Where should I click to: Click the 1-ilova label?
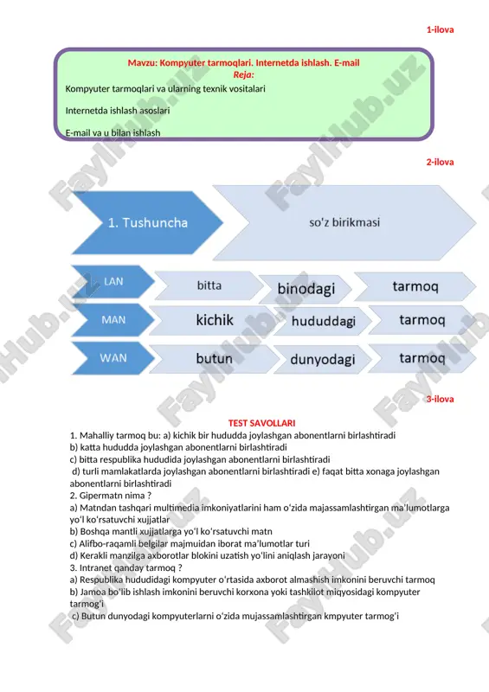[440, 30]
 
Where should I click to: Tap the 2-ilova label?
[440, 163]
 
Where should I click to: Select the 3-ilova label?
[440, 399]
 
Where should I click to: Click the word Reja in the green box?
[243, 74]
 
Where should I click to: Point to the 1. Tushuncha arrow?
[147, 222]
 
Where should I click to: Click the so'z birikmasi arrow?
[344, 222]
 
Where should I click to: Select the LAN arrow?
[113, 282]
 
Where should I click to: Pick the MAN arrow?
[113, 319]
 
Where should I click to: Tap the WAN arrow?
[113, 358]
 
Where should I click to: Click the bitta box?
[209, 285]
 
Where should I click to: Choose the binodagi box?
[306, 289]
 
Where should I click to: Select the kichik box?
[215, 320]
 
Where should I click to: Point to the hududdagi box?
[324, 321]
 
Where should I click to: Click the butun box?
[215, 358]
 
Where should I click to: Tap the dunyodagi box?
[323, 359]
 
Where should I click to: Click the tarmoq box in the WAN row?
[422, 358]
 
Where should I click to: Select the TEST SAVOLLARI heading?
[261, 423]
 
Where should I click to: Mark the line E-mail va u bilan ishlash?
[113, 133]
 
